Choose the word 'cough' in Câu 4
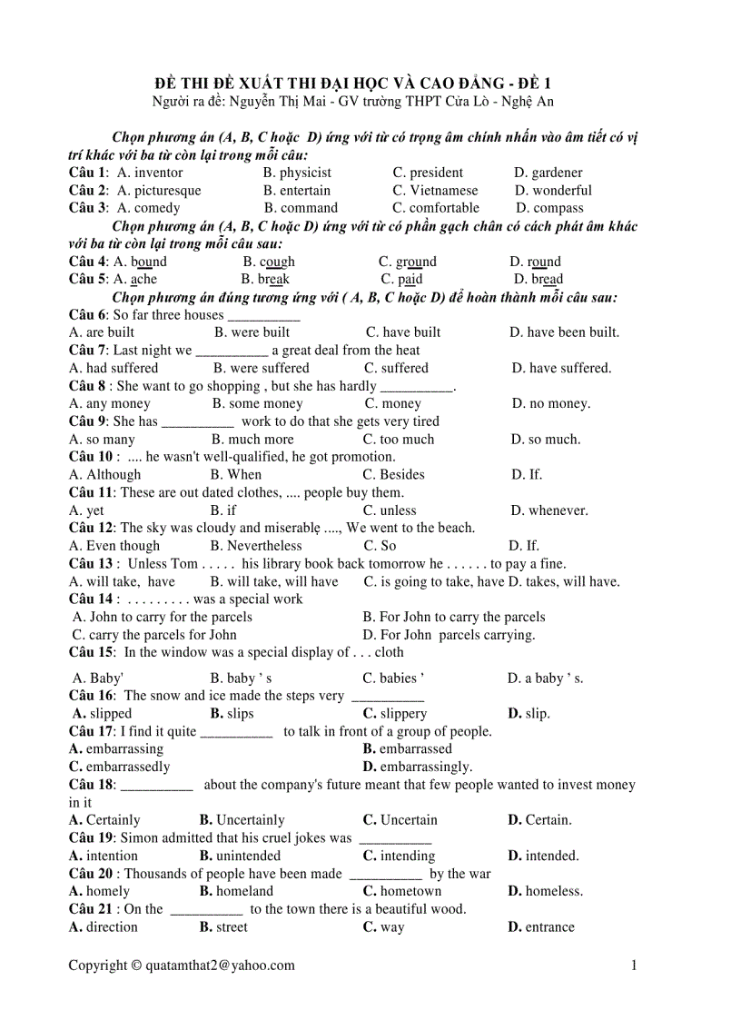(x=277, y=262)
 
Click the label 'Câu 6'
(x=87, y=315)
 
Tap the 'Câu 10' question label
(x=91, y=457)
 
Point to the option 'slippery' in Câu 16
(x=403, y=714)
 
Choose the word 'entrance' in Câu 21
(x=549, y=927)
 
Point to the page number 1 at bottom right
(x=634, y=966)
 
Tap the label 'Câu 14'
(x=91, y=599)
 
